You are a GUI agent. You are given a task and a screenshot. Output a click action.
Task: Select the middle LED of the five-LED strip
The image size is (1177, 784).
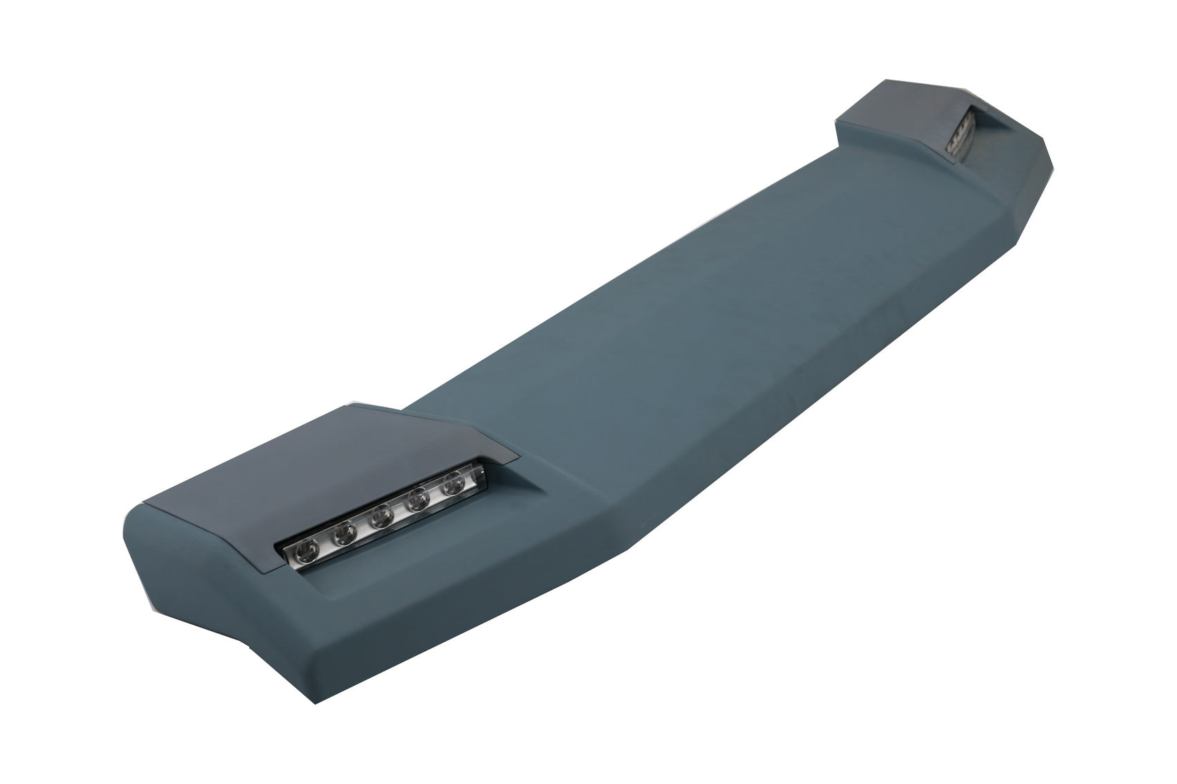coord(381,518)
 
